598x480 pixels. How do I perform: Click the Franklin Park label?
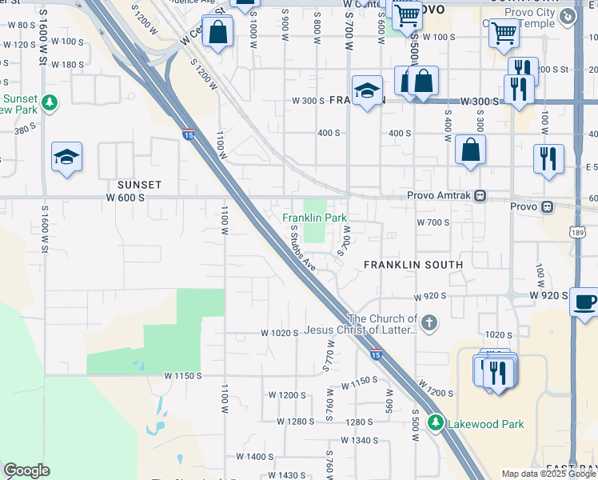coord(315,218)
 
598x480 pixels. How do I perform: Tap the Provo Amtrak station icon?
coord(480,195)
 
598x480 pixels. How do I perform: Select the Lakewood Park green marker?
coord(436,423)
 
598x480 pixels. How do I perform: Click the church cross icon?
coord(429,323)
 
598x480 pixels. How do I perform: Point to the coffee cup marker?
coord(584,302)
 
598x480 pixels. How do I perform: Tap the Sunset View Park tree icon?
coord(50,102)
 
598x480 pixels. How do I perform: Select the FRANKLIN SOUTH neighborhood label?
coord(413,264)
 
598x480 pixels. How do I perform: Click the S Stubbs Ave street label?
coord(305,247)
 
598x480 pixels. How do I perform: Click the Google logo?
coord(26,470)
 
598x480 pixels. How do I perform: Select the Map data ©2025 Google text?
coord(548,474)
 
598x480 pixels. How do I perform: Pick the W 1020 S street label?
coord(280,333)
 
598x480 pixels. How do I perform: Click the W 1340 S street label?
coord(358,440)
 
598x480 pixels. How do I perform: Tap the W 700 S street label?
coord(433,222)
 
